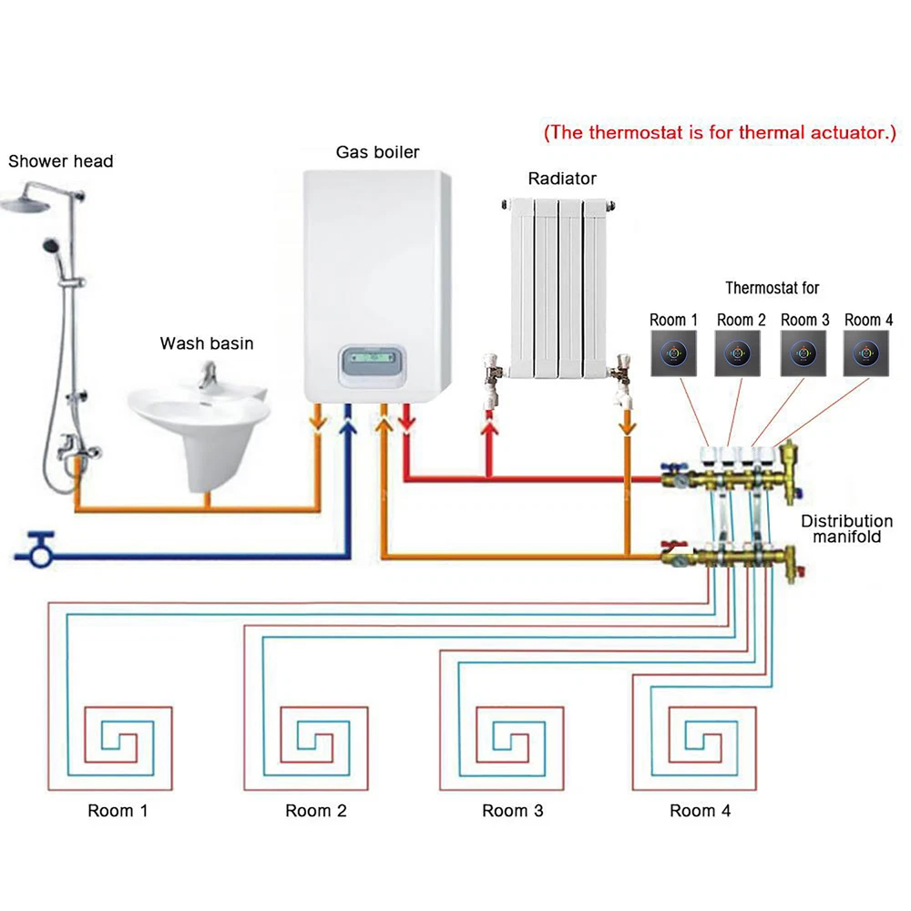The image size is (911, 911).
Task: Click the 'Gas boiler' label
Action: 377,152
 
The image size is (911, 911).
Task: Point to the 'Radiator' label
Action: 562,179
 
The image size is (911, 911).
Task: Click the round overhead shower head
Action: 27,202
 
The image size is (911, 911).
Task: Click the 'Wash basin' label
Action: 207,343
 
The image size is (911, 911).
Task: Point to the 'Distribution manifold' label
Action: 846,529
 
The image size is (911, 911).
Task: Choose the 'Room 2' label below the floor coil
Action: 316,810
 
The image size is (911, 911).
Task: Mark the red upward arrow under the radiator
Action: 489,425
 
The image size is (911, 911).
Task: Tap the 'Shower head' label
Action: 61,161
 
